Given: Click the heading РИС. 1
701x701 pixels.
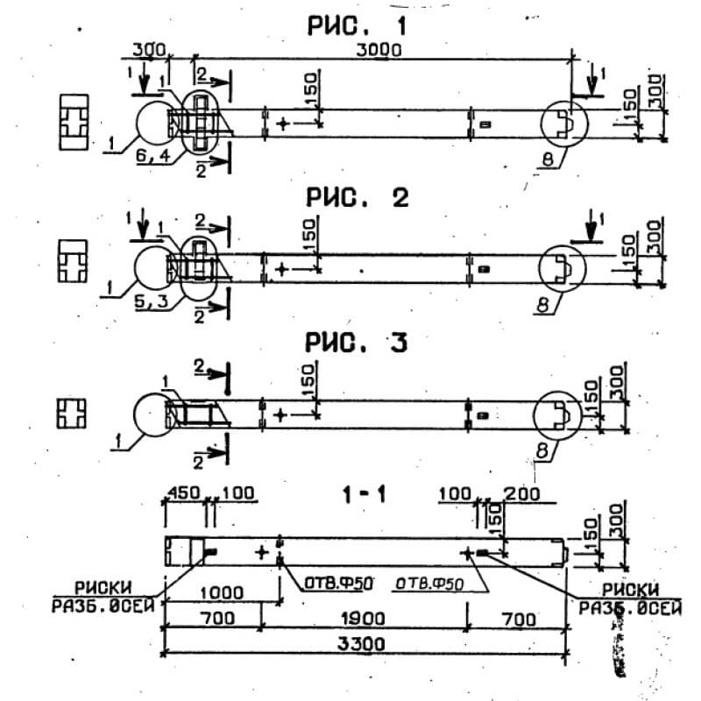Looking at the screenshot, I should (357, 26).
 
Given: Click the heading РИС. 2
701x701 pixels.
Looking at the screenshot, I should (357, 198).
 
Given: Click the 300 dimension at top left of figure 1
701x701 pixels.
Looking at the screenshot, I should (151, 52).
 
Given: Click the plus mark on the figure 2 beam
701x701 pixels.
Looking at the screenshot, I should (281, 268).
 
